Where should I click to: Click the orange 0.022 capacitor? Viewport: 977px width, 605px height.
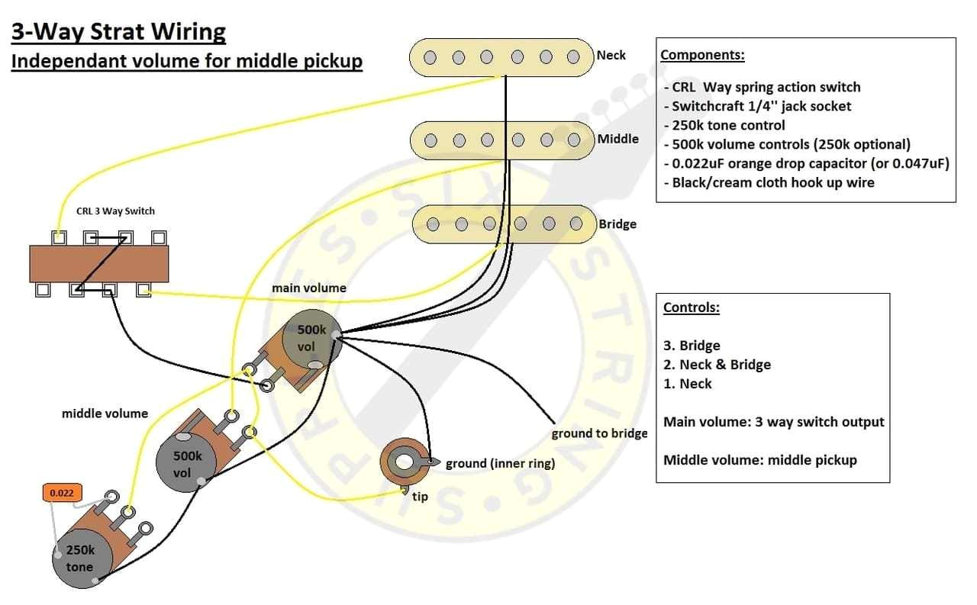coord(61,493)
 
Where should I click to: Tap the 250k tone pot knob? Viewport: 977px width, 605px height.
coord(79,558)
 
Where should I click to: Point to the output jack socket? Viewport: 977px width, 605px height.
coord(402,462)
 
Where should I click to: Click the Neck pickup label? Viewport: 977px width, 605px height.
coord(611,55)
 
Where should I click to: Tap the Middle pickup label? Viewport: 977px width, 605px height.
coord(617,139)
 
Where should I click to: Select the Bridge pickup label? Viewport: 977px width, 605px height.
coord(617,224)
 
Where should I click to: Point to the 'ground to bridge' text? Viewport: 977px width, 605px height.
coord(599,433)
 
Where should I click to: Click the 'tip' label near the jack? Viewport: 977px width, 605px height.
coord(420,497)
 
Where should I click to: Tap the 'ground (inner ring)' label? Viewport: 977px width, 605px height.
coord(500,463)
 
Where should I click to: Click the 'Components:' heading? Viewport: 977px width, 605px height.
coord(702,55)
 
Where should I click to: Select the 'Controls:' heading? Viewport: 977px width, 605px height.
coord(692,307)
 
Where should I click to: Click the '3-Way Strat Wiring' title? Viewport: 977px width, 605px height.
coord(118,32)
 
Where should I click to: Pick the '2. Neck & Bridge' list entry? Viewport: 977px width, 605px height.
coord(717,365)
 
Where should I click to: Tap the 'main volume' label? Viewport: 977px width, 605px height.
coord(308,288)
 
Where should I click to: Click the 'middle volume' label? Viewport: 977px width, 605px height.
coord(105,414)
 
